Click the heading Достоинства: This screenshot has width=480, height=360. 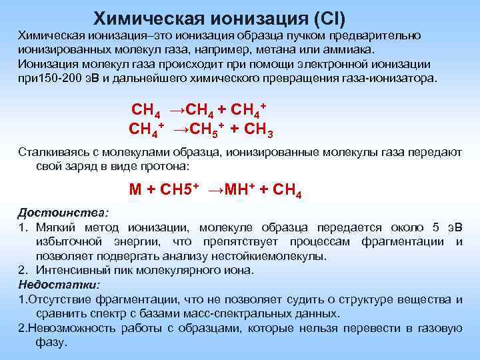coord(62,213)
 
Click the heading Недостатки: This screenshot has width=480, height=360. coord(59,285)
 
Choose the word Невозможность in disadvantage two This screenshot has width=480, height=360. coord(63,328)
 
